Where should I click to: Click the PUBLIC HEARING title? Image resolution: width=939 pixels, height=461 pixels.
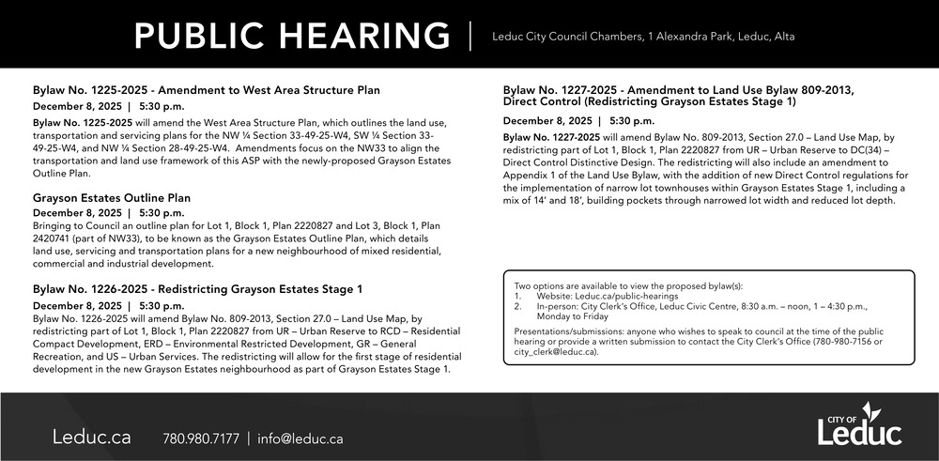coord(292,36)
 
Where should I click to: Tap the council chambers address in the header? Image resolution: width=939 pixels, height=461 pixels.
coord(643,37)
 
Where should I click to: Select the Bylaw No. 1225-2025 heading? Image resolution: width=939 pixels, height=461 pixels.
coord(206,90)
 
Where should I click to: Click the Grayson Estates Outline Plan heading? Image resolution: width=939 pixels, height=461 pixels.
coord(112,198)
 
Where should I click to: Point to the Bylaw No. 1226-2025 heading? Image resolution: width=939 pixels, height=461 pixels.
coord(197,289)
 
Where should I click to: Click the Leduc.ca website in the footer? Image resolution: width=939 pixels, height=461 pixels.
coord(92,438)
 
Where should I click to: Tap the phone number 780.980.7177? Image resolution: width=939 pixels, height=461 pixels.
coord(201,438)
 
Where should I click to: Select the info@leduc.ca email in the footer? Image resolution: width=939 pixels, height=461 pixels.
coord(300,438)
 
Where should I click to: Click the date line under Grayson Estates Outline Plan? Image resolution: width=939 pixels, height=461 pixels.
coord(108,213)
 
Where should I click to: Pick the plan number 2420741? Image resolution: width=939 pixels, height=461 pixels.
coord(57,238)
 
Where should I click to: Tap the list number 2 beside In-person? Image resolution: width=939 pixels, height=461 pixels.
coord(518,307)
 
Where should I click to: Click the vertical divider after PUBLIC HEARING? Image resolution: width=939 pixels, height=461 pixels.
coord(470,36)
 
